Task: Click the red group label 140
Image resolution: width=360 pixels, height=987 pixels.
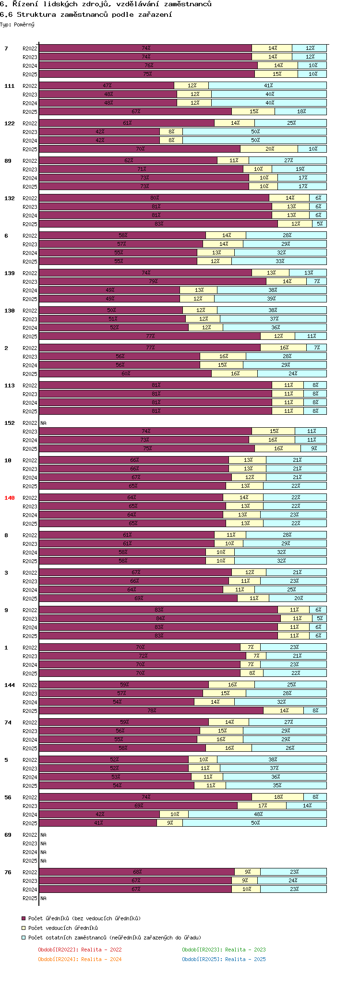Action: (10, 498)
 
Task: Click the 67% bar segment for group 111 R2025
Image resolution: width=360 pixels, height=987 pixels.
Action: (135, 111)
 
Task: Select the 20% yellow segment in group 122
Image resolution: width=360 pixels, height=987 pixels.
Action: (269, 149)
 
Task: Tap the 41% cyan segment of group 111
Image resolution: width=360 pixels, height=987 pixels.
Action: (268, 85)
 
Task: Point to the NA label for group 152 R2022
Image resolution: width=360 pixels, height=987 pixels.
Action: (44, 423)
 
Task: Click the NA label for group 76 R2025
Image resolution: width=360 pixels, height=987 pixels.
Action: (44, 898)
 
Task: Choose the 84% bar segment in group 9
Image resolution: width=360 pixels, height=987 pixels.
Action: (160, 618)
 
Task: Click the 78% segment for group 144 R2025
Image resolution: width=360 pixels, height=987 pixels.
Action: (151, 710)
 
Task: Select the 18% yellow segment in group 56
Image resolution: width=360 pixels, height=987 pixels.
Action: (278, 797)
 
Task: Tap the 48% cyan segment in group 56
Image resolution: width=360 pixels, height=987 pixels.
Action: (258, 814)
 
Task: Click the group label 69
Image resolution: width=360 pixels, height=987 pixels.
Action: (8, 835)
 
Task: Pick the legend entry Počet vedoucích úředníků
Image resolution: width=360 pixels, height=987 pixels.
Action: (62, 928)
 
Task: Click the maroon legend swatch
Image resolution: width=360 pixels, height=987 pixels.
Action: (24, 918)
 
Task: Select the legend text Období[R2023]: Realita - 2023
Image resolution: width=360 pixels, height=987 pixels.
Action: (224, 950)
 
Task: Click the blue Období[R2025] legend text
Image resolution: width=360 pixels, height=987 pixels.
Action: (224, 959)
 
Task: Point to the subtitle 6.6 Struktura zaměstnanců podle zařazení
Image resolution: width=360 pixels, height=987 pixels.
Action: (86, 14)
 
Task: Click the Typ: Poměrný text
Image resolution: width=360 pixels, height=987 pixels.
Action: (17, 24)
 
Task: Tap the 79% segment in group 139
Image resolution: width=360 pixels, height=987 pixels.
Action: (153, 281)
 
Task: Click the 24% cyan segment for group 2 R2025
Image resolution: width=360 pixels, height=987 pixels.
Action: (292, 373)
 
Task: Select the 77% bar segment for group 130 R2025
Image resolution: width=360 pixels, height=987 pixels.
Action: (150, 336)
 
